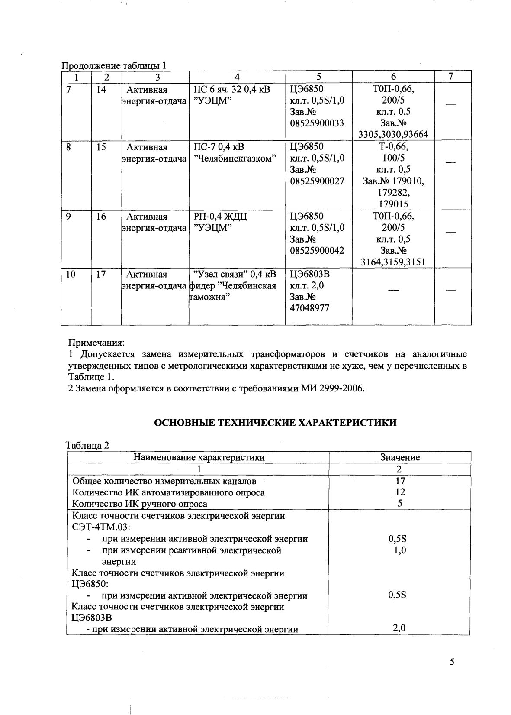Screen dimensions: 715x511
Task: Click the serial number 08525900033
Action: pyautogui.click(x=317, y=123)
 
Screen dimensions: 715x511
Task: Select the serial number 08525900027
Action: pyautogui.click(x=317, y=181)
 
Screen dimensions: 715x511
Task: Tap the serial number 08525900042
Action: pyautogui.click(x=317, y=250)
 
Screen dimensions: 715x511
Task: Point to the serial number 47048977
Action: pyautogui.click(x=309, y=308)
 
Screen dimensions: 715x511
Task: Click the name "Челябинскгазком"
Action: pyautogui.click(x=235, y=159)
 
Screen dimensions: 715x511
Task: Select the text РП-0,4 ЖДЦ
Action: pyautogui.click(x=220, y=217)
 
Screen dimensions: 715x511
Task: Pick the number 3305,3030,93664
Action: pyautogui.click(x=393, y=134)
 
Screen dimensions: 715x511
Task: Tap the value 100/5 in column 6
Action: pyautogui.click(x=393, y=158)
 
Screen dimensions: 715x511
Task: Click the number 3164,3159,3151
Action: pyautogui.click(x=393, y=262)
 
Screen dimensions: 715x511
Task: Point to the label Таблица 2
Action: pyautogui.click(x=88, y=445)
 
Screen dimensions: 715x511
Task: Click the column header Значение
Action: pyautogui.click(x=400, y=457)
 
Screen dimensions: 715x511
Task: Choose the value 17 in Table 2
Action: pyautogui.click(x=400, y=481)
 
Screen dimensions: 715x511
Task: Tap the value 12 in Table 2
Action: pyautogui.click(x=400, y=492)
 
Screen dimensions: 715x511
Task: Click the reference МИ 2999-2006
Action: pyautogui.click(x=332, y=388)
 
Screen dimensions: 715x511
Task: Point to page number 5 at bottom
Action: pyautogui.click(x=452, y=662)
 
